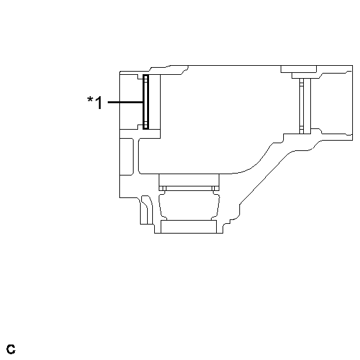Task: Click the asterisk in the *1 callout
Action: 90,100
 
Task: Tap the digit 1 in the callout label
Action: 98,103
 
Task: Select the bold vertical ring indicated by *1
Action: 146,102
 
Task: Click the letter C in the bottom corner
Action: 10,350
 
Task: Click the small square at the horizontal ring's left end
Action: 163,188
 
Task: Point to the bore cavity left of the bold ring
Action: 131,102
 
